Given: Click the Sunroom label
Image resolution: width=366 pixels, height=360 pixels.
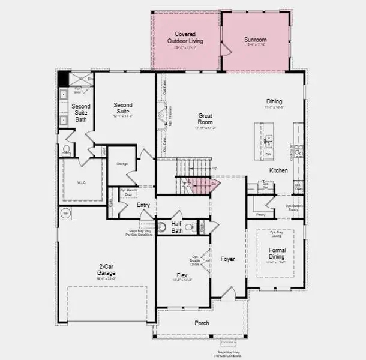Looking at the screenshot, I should pos(255,40).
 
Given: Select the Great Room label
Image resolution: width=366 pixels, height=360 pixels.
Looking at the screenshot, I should pos(206,118).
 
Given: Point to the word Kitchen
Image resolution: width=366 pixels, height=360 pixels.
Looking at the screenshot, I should pos(278,170).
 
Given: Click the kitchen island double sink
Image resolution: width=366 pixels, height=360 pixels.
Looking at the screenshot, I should pos(268,141).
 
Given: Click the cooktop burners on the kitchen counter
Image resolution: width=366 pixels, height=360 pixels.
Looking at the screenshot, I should pos(298,151).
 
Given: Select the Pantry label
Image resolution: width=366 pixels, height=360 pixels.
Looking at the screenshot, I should pos(260,214).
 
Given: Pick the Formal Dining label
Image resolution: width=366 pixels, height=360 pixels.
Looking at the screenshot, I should pos(277,253).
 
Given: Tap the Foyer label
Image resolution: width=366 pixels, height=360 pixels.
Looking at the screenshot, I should pos(227,259).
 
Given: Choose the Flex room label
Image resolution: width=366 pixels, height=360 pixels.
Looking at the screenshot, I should pos(182,275).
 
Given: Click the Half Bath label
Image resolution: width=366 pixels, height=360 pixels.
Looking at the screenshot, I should pos(176,227).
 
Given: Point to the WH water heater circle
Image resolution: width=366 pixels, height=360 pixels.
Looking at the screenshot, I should pos(65,213).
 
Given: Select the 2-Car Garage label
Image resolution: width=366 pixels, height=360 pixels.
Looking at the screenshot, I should pos(107,269).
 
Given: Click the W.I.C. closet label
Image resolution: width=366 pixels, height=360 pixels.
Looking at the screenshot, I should pos(82,183).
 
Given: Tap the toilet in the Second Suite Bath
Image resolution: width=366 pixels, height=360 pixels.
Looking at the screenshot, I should pos(67,150).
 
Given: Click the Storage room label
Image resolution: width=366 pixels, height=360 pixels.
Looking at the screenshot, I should pos(122,163).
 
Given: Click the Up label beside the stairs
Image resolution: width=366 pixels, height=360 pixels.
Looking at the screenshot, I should pos(215,169).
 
